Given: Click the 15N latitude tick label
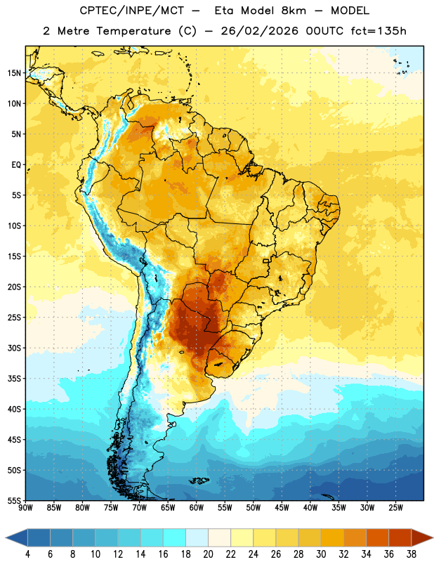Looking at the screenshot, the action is [x=14, y=73].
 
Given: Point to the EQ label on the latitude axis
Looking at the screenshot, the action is [x=16, y=165].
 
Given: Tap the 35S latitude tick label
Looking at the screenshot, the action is [x=14, y=379].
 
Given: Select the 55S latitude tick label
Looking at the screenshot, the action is [x=14, y=500].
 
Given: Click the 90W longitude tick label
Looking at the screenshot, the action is [x=25, y=508].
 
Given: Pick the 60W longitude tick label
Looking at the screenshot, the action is [x=197, y=508].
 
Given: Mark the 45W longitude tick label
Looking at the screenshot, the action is [x=282, y=508].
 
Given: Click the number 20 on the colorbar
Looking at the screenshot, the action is [x=208, y=554].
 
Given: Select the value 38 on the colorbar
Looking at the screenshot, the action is [x=412, y=554].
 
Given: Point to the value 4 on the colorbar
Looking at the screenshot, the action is [x=27, y=554].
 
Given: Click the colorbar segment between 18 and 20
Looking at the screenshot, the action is [x=197, y=537].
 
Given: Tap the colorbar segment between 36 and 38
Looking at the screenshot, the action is [x=400, y=537].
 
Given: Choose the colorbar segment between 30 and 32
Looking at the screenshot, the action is [x=333, y=537].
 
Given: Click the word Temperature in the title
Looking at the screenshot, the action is [x=133, y=31].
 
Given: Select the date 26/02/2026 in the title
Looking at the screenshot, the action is [x=259, y=31].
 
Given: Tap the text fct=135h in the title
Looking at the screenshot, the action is [x=379, y=31].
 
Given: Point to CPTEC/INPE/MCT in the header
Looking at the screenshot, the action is [x=131, y=11].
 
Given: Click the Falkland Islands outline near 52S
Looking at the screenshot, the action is [x=199, y=481].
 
